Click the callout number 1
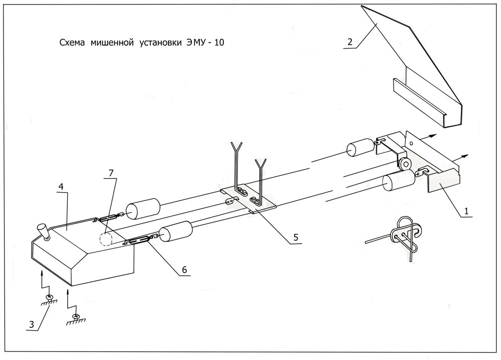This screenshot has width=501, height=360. (466, 211)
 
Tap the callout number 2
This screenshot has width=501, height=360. (350, 42)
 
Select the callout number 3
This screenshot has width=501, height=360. (31, 324)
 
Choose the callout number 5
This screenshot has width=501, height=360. (296, 237)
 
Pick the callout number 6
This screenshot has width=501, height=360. (184, 270)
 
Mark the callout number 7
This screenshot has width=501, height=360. (111, 173)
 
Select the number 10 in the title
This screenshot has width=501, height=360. (219, 43)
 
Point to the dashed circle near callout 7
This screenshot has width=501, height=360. (106, 239)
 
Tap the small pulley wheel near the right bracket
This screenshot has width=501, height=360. (404, 163)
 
